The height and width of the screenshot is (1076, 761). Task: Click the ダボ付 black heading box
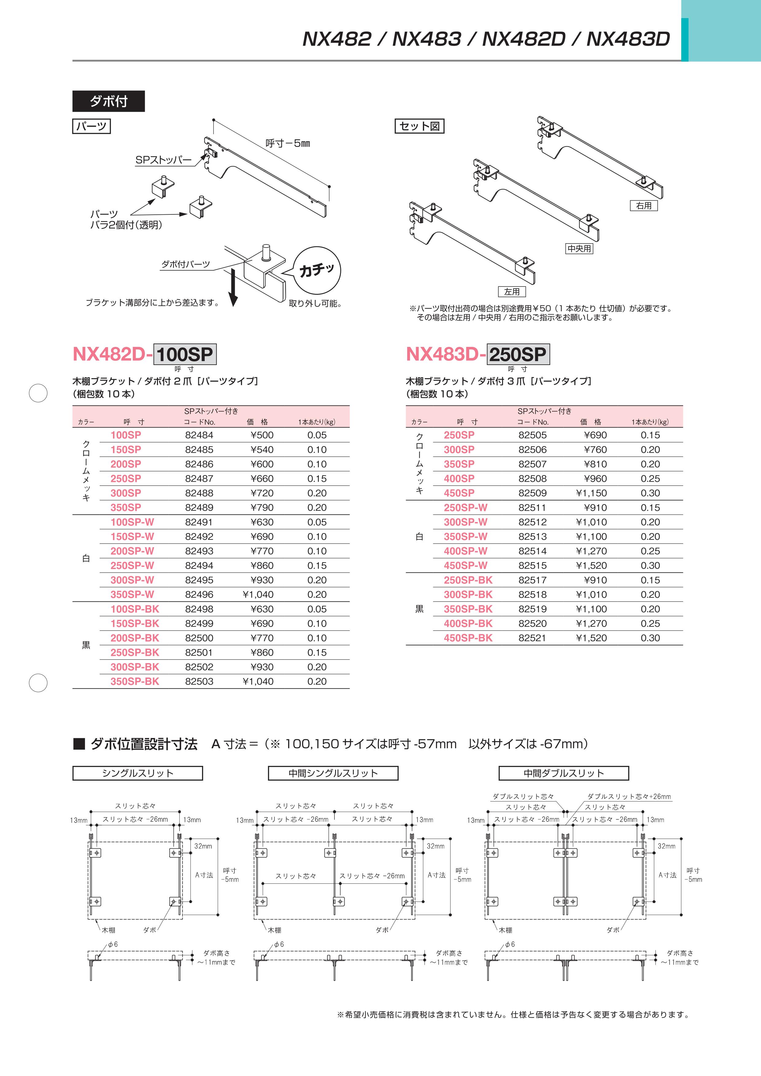[x=108, y=101]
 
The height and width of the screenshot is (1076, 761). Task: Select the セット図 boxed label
[x=419, y=126]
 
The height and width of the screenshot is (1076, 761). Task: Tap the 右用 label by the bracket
[x=644, y=206]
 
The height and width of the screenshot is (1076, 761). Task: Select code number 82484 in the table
[x=199, y=435]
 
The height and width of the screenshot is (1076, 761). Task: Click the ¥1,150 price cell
[x=591, y=493]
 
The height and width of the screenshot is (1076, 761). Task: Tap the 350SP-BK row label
[x=135, y=682]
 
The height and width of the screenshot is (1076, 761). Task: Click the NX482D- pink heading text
[x=113, y=354]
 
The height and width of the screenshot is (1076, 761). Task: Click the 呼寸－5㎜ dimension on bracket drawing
[x=288, y=144]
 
